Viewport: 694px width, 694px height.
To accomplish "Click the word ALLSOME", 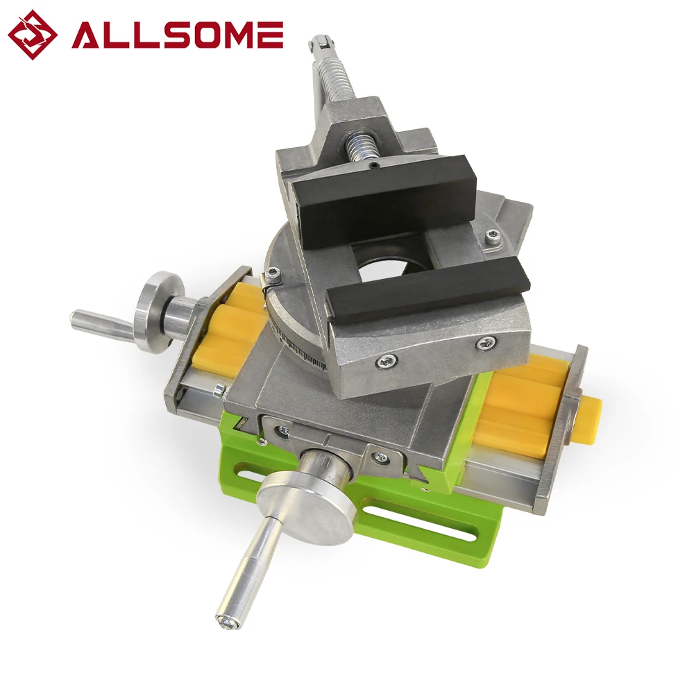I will click(x=177, y=35).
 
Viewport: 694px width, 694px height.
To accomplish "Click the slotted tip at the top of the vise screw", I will click(x=321, y=42).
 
